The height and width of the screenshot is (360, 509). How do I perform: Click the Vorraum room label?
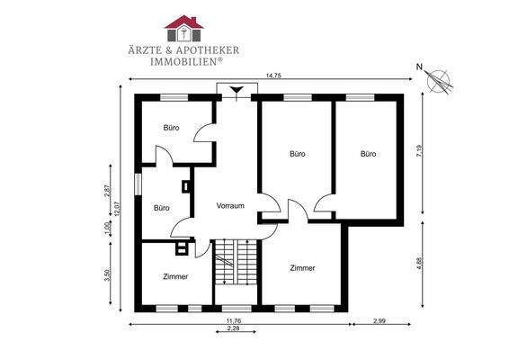(x=231, y=206)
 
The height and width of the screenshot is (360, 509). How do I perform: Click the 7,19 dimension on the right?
(x=418, y=153)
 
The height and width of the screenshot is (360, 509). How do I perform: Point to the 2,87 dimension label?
(x=107, y=191)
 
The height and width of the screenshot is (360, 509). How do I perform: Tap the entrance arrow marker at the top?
(x=237, y=90)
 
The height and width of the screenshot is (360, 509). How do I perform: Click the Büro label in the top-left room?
(x=171, y=128)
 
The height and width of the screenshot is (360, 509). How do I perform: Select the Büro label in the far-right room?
(x=367, y=154)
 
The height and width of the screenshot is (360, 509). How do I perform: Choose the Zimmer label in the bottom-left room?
(x=175, y=276)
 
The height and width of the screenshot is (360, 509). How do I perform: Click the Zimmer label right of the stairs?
(x=303, y=267)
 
